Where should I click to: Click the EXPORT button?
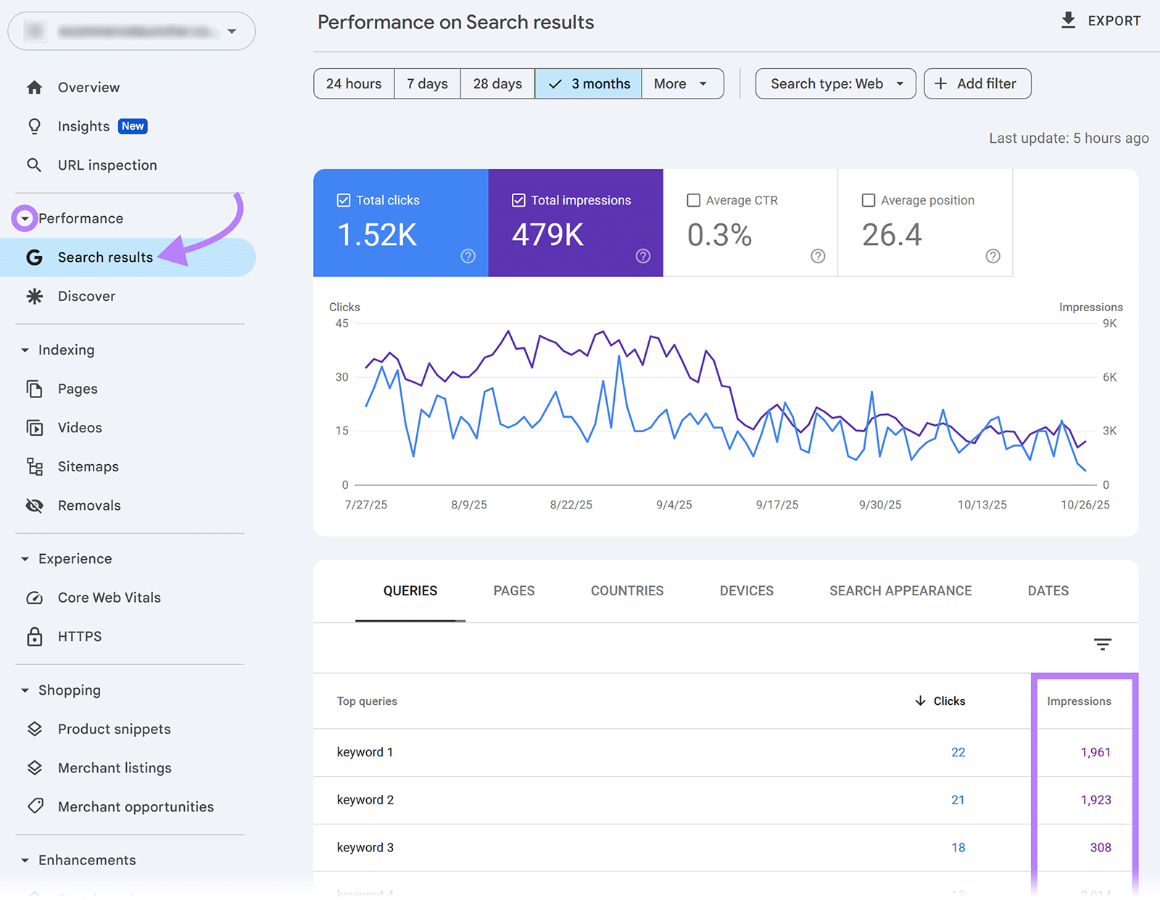click(x=1101, y=21)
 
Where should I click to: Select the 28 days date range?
click(x=497, y=84)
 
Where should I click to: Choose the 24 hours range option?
click(x=354, y=84)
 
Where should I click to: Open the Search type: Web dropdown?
click(x=835, y=84)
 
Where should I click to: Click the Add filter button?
click(x=977, y=84)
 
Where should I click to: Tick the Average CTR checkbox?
click(x=694, y=200)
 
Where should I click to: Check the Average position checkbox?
click(x=869, y=200)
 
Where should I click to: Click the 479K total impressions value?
click(x=547, y=235)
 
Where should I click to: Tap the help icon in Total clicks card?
click(x=468, y=256)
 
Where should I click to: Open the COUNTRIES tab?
click(x=627, y=591)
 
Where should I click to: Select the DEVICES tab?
click(x=747, y=591)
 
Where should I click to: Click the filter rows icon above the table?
click(x=1103, y=644)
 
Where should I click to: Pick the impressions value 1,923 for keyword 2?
click(x=1095, y=800)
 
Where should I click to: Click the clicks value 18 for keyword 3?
click(x=958, y=848)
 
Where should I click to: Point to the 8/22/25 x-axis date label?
click(x=571, y=505)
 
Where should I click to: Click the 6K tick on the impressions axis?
click(x=1109, y=377)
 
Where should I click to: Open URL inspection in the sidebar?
click(x=107, y=165)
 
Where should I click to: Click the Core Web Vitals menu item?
click(x=109, y=598)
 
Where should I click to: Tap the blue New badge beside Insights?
click(x=133, y=126)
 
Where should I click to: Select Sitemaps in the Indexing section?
click(x=88, y=467)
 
